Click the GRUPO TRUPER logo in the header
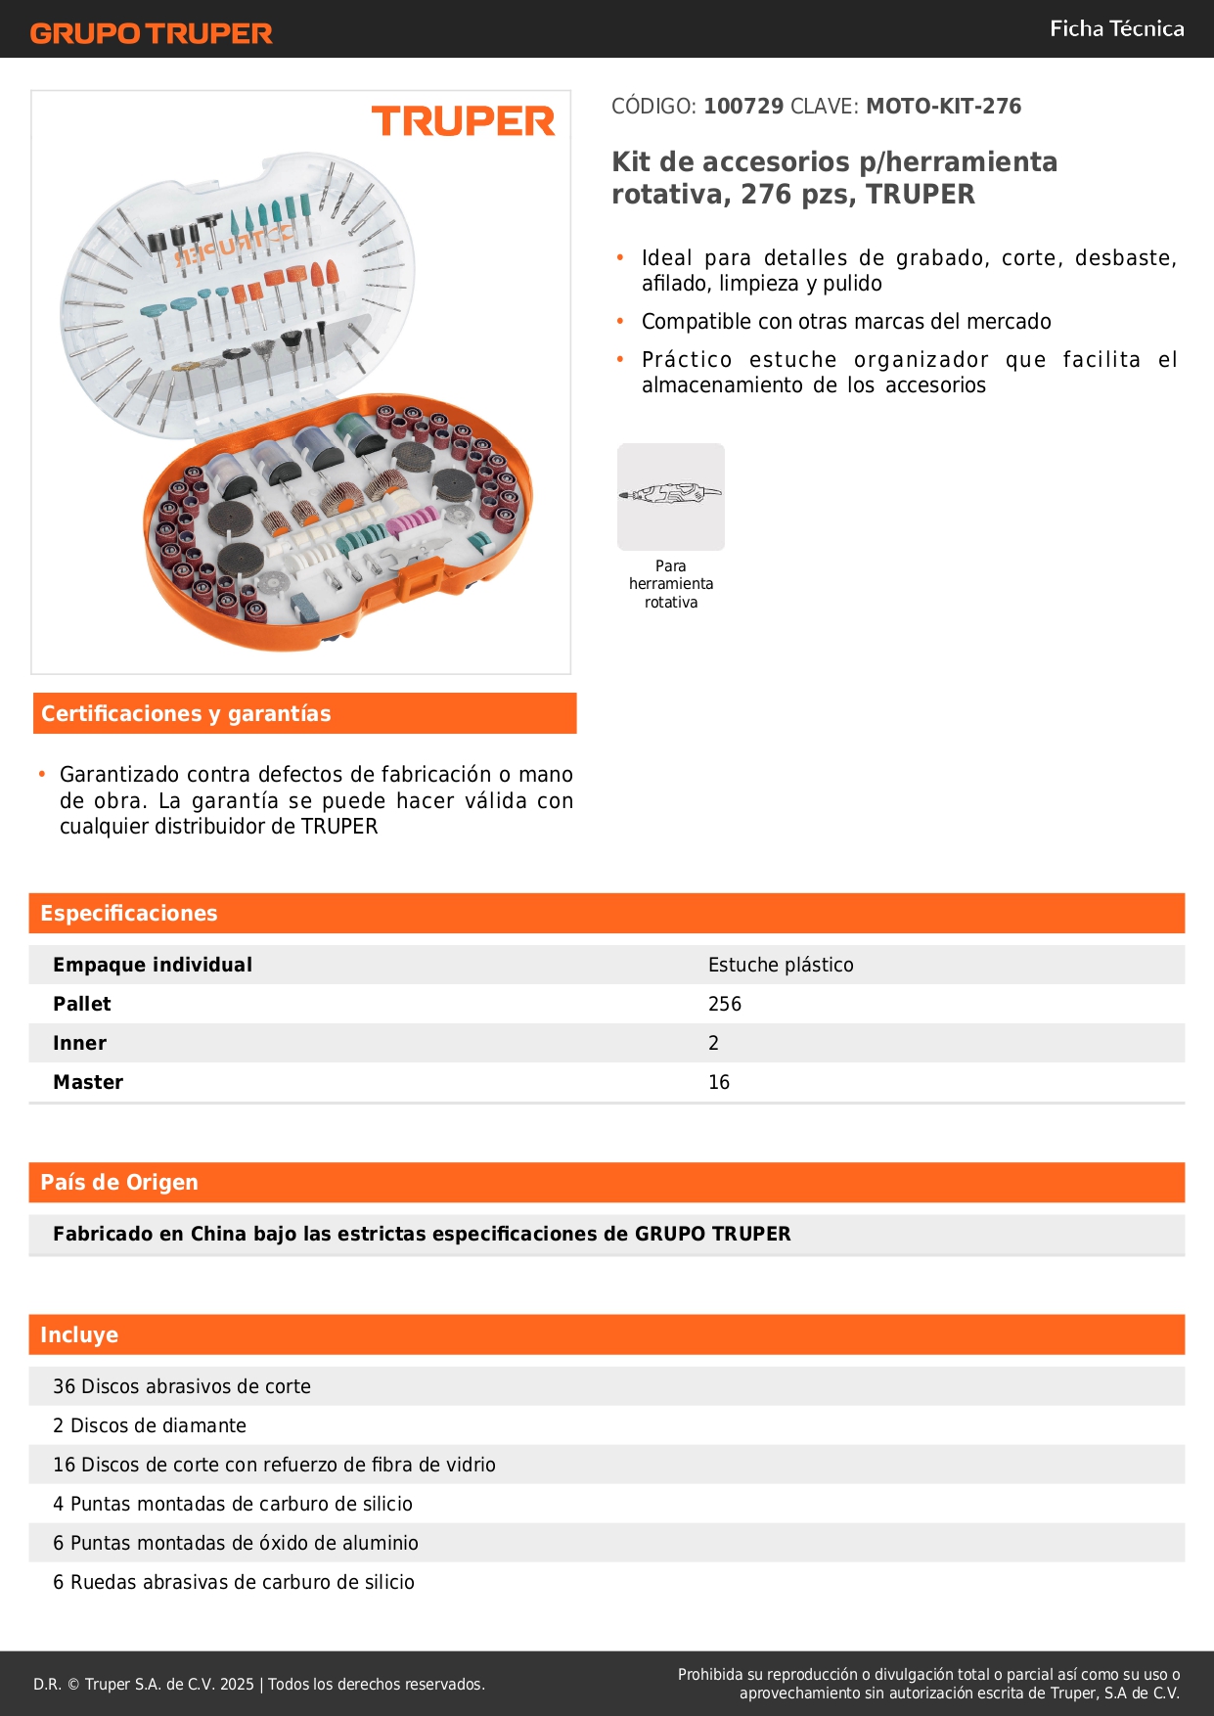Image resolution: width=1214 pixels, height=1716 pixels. coord(151,33)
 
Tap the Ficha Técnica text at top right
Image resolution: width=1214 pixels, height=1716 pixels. coord(1116,28)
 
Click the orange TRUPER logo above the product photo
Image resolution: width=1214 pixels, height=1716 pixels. coord(463,121)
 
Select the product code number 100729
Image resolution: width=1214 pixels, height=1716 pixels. coord(743,106)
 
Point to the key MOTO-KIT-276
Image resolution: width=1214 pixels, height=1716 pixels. coord(943,106)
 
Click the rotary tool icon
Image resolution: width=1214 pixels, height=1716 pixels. coord(671,496)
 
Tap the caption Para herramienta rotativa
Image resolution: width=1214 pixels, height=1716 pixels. coord(671,584)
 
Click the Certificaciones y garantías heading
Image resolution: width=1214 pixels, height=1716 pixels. coord(186,713)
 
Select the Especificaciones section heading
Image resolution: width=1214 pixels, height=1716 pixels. coord(129,913)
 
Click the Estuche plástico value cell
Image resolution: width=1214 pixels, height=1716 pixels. coord(781,965)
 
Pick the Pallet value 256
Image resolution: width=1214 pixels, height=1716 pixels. coord(725,1004)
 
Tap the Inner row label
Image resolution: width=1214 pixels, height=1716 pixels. coord(80,1043)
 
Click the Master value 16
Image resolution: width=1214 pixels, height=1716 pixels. coord(719,1082)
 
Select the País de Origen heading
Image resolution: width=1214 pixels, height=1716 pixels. coord(119,1182)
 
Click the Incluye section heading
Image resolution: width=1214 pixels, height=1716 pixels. coord(79,1334)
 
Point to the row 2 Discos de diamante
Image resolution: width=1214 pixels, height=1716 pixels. coord(150,1425)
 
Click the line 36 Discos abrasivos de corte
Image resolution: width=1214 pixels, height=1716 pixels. coord(182,1386)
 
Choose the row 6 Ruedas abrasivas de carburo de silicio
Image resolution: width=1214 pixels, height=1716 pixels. coord(234,1582)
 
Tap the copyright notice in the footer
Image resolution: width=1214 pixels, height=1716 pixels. coord(259,1684)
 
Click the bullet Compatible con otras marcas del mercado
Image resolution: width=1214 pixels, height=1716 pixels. coord(846,321)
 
